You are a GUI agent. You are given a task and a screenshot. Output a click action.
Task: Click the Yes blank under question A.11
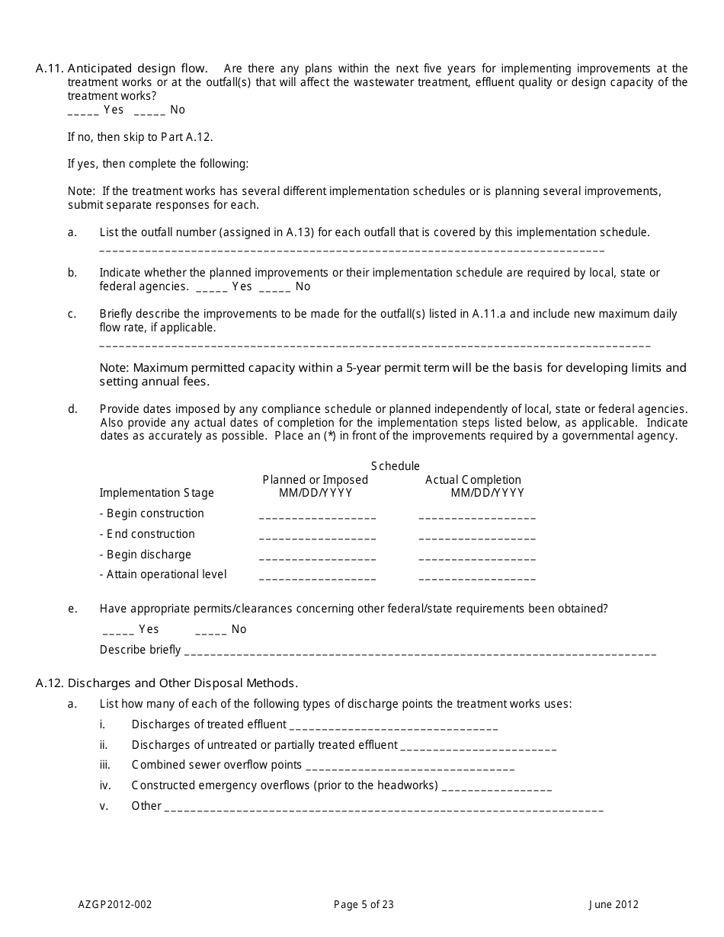(83, 111)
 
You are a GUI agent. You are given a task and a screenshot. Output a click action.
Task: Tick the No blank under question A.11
(149, 111)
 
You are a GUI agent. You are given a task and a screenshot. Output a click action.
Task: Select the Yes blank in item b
(211, 288)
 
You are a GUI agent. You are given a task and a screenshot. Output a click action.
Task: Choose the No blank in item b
(274, 288)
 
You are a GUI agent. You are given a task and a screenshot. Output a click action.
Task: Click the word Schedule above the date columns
(396, 466)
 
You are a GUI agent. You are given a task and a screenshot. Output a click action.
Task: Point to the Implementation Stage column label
(157, 493)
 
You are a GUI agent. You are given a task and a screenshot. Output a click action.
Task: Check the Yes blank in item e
(118, 631)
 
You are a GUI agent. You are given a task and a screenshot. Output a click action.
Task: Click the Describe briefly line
(420, 652)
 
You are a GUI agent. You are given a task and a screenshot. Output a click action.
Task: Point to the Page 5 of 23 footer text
(364, 905)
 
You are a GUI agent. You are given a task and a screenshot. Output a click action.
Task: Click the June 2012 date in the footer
(613, 905)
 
